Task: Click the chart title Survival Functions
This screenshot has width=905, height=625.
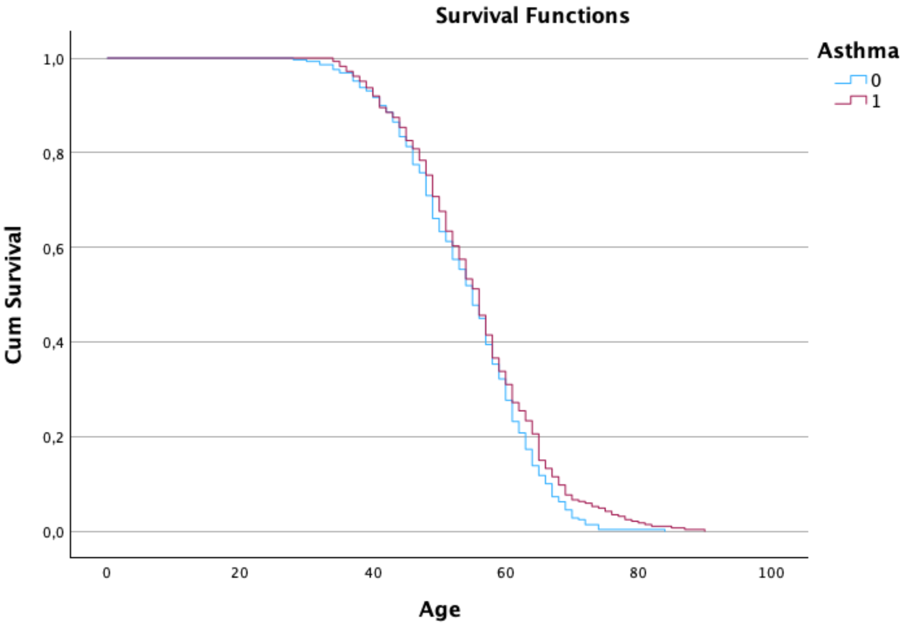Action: (532, 16)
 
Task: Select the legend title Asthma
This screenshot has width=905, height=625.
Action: (858, 51)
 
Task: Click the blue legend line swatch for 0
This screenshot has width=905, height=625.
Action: (850, 80)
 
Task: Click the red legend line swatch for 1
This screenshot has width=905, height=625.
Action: (850, 101)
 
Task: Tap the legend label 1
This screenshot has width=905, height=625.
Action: (876, 101)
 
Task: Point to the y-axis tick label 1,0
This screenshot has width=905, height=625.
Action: (54, 60)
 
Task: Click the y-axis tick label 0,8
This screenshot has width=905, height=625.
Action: (54, 154)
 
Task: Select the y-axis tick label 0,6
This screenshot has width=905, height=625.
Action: (54, 249)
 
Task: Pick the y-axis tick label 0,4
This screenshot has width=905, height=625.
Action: (54, 343)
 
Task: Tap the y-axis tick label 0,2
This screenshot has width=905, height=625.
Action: (54, 437)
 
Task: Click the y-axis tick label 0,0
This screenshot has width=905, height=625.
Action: (54, 532)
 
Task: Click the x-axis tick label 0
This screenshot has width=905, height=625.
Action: (107, 573)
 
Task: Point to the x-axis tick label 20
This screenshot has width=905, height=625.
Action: (240, 573)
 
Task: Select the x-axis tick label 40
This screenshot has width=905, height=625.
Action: (373, 573)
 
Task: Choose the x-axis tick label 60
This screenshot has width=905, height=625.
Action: (505, 573)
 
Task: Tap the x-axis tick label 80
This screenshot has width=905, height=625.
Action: (638, 573)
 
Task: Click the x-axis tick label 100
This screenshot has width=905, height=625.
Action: (771, 573)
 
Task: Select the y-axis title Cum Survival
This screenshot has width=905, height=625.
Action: (14, 295)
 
